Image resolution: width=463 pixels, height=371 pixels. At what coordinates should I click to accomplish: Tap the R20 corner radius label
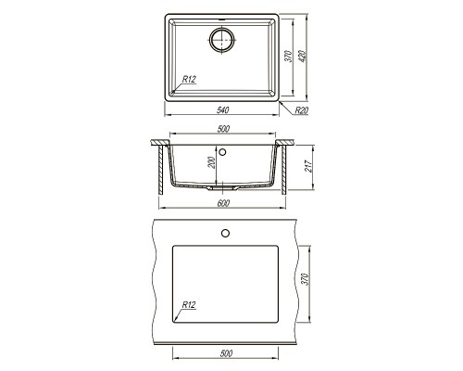301,110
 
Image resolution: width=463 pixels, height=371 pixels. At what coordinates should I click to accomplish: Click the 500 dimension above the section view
222,129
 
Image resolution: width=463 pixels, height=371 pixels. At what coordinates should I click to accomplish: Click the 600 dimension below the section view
222,204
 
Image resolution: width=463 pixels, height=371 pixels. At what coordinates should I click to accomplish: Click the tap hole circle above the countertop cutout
224,232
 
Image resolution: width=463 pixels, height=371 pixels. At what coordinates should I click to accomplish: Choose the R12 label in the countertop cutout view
189,305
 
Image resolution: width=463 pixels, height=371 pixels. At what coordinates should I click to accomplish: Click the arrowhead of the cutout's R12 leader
176,315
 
